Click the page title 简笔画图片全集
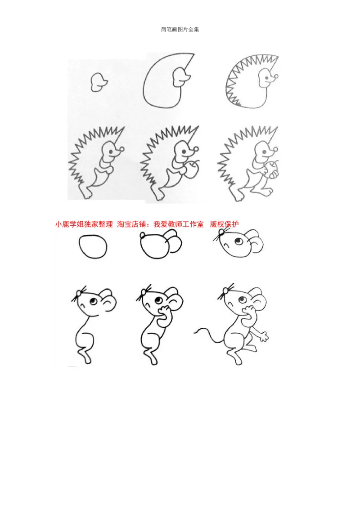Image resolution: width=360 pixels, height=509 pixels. pos(180,30)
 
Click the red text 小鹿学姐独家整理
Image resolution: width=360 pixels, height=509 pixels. pos(84,224)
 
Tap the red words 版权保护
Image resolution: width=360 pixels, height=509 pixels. pos(224,224)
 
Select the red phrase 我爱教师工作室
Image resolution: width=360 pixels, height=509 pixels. pos(178,224)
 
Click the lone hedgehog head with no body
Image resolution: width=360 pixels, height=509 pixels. pos(98,82)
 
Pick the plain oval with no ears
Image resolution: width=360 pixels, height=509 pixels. pos(93,247)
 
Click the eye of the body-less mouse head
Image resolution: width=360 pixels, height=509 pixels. pos(238,241)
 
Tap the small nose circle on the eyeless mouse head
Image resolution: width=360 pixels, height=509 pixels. pos(143,235)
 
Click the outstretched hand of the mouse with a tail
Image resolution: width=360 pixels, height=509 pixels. pos(264,337)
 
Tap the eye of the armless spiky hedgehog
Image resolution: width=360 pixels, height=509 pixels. pos(267,78)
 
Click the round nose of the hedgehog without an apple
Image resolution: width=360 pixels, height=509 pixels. pos(122,149)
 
